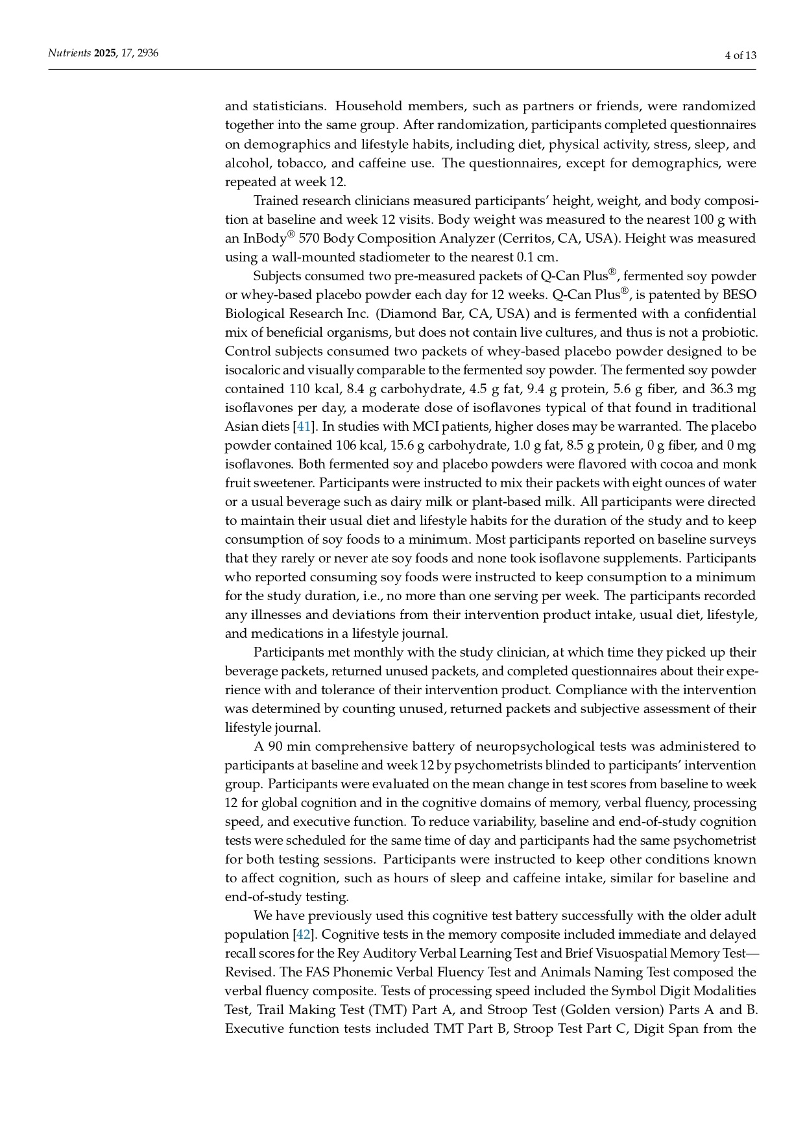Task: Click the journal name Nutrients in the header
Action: [69, 53]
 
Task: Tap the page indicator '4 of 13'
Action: [740, 55]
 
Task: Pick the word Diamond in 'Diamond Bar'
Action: [405, 313]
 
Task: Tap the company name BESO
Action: [739, 295]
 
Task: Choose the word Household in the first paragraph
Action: [370, 106]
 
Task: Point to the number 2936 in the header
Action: [148, 53]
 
